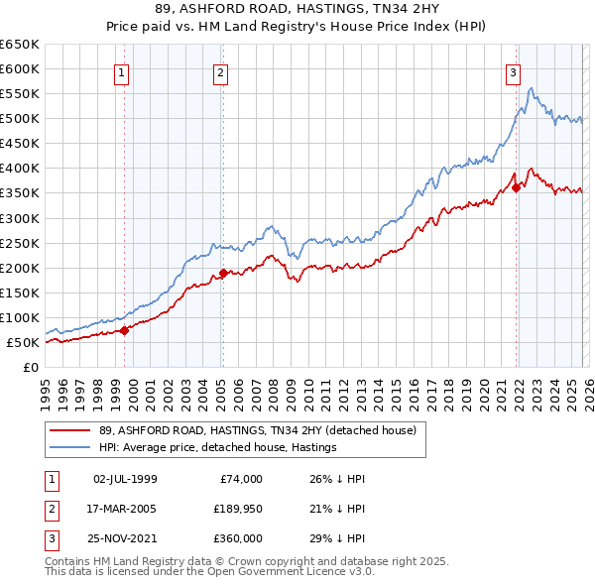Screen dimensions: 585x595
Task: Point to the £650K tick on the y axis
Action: (x=20, y=45)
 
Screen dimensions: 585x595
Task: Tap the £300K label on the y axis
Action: (x=20, y=218)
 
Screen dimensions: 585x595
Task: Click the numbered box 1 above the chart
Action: (x=121, y=72)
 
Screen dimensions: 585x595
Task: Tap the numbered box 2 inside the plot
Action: (x=219, y=72)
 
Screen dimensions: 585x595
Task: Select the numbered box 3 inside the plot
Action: (x=513, y=72)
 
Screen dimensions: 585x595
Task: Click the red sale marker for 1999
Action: (x=124, y=331)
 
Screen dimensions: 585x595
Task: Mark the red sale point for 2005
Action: (x=224, y=273)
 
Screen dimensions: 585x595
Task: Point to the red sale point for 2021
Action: (x=517, y=188)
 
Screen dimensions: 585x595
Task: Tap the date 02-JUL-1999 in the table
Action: (x=125, y=479)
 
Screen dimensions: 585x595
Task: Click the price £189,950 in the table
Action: (x=235, y=509)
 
